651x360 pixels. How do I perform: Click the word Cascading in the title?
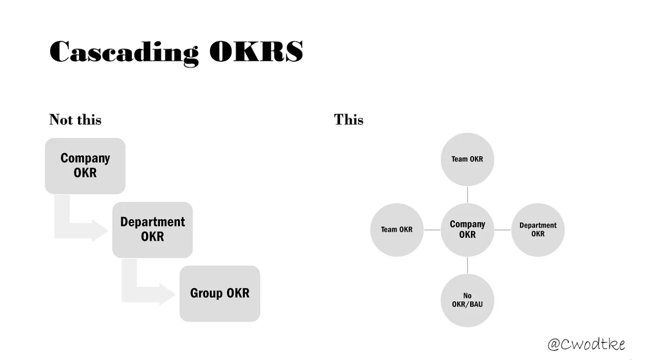point(123,52)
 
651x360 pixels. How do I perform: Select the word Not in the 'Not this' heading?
point(61,119)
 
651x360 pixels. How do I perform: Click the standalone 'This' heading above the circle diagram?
point(348,119)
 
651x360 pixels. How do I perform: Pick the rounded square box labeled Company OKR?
point(85,166)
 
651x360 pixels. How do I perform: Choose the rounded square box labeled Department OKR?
point(152,229)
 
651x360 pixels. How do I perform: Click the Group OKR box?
point(220,293)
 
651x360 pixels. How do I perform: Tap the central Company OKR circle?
point(467,230)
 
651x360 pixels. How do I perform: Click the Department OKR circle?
point(538,230)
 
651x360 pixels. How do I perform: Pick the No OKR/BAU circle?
point(467,300)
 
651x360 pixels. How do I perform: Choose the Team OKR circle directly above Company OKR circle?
point(467,159)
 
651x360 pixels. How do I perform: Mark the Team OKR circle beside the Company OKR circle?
point(397,230)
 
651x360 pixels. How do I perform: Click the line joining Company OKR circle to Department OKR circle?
point(503,230)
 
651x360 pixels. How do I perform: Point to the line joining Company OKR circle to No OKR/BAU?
point(467,265)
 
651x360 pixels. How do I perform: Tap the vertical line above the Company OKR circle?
point(467,194)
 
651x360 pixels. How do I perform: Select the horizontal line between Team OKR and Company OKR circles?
point(432,230)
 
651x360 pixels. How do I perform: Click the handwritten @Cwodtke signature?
point(586,344)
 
